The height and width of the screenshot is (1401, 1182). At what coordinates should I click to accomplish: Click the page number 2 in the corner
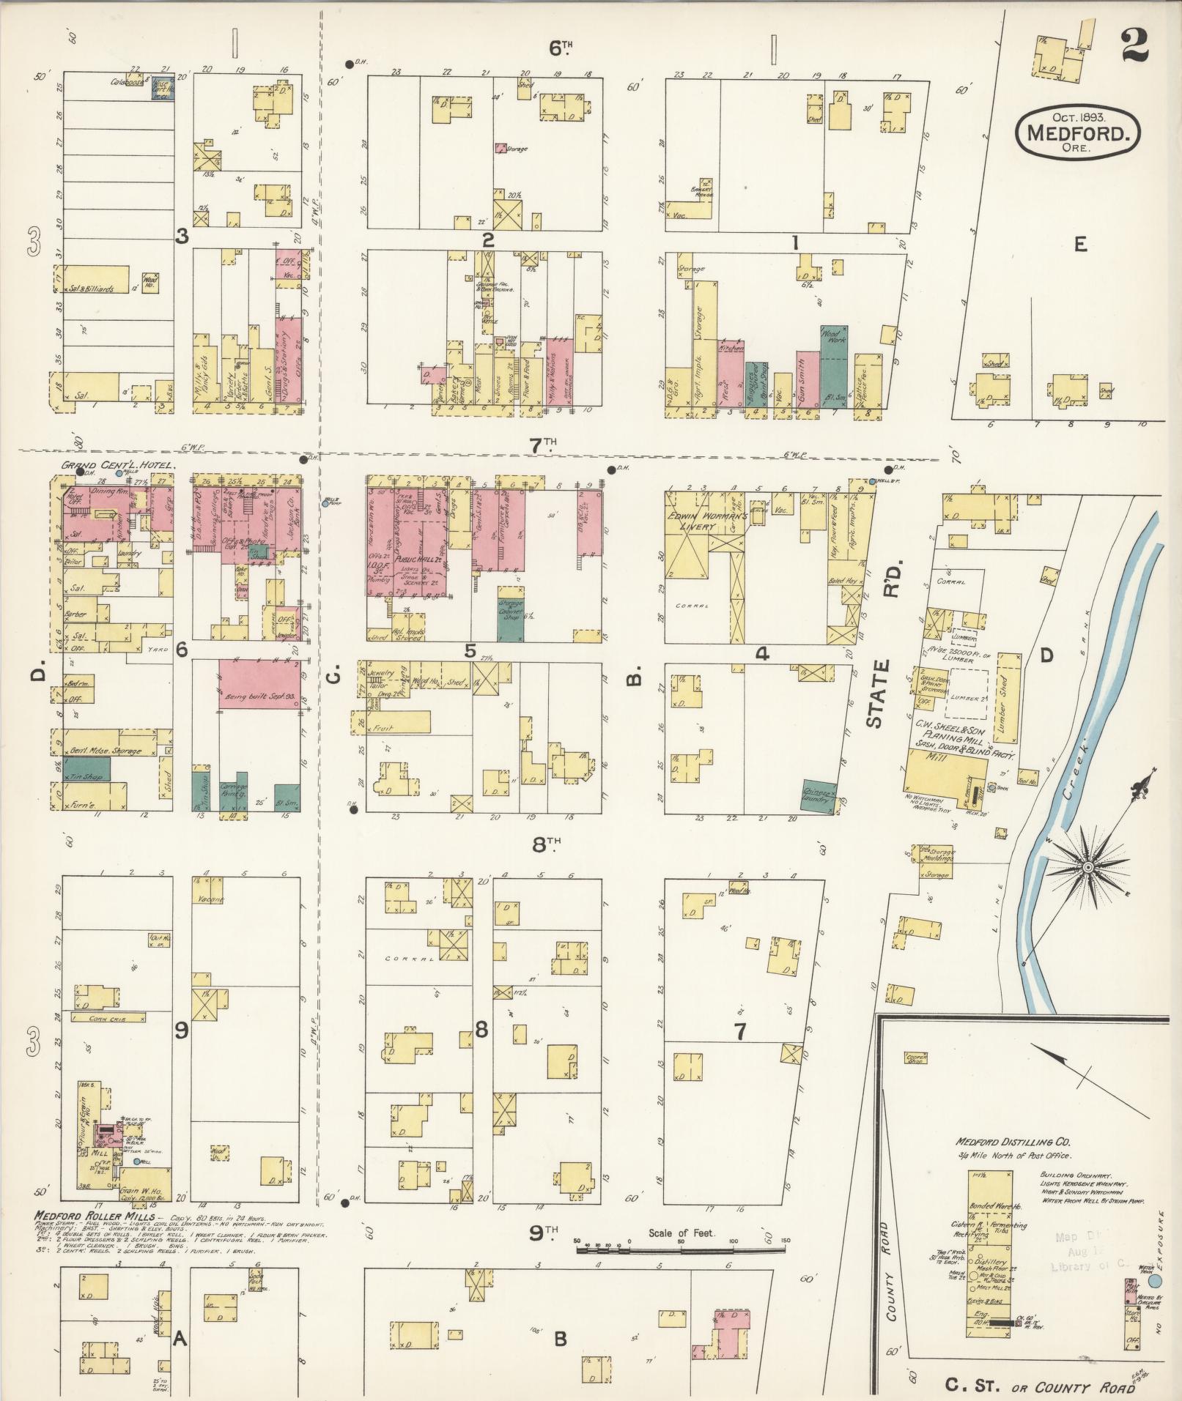point(1134,42)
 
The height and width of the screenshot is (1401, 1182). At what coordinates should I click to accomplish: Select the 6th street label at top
point(561,48)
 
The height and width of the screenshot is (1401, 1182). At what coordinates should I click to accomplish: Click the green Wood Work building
point(834,372)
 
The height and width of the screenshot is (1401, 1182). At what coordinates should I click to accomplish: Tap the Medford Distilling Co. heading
point(1013,1142)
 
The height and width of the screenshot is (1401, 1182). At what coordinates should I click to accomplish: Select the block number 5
point(470,650)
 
